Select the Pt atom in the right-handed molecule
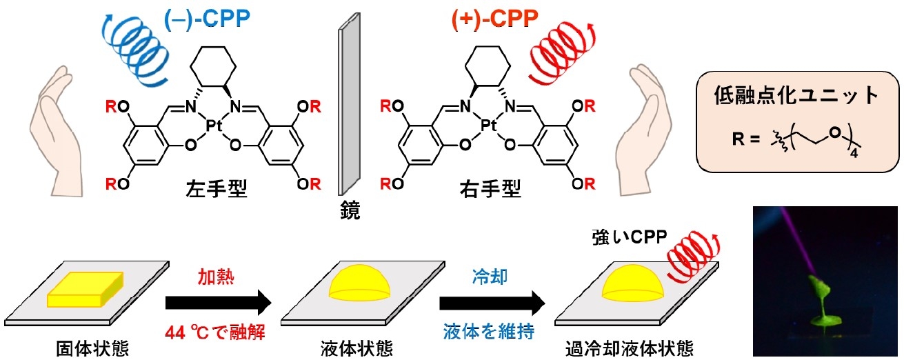489,126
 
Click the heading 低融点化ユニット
795,96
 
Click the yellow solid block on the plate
86,288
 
